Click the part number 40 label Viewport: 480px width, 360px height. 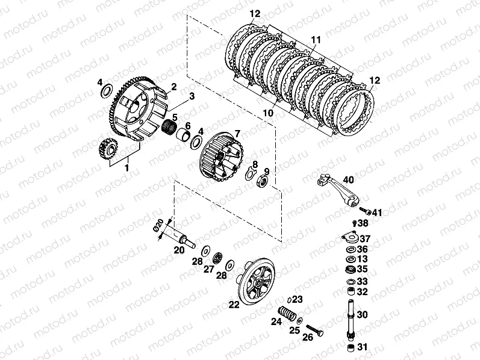pyautogui.click(x=348, y=179)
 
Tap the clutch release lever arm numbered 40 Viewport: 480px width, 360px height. pyautogui.click(x=339, y=190)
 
